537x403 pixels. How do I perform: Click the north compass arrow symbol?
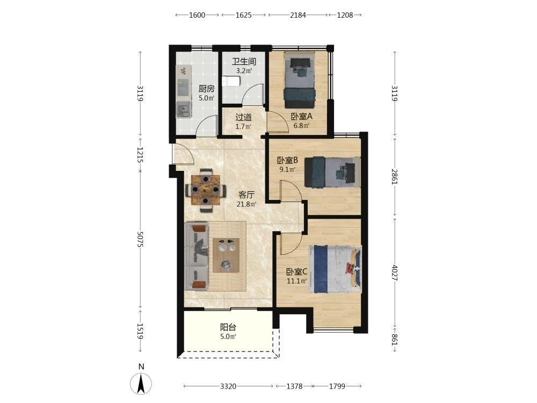pyautogui.click(x=141, y=384)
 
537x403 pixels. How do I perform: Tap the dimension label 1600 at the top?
pyautogui.click(x=197, y=15)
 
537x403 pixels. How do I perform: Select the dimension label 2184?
pyautogui.click(x=297, y=15)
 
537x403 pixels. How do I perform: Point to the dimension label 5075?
pyautogui.click(x=140, y=239)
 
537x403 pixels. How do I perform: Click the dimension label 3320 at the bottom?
pyautogui.click(x=228, y=386)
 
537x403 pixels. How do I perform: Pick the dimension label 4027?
pyautogui.click(x=395, y=273)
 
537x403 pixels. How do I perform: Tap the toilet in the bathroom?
pyautogui.click(x=231, y=82)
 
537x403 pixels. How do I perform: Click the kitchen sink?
pyautogui.click(x=183, y=110)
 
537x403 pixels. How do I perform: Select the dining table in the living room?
pyautogui.click(x=206, y=190)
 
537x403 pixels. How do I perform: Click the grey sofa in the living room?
pyautogui.click(x=197, y=256)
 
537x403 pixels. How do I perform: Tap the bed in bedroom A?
pyautogui.click(x=299, y=80)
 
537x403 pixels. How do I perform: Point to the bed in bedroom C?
pyautogui.click(x=335, y=269)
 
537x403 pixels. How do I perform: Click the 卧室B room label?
pyautogui.click(x=287, y=160)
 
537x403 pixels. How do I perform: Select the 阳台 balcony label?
pyautogui.click(x=228, y=327)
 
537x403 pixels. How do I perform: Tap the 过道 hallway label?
pyautogui.click(x=243, y=117)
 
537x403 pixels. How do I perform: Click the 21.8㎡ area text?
pyautogui.click(x=246, y=204)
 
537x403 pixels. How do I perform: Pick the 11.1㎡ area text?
pyautogui.click(x=296, y=281)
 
